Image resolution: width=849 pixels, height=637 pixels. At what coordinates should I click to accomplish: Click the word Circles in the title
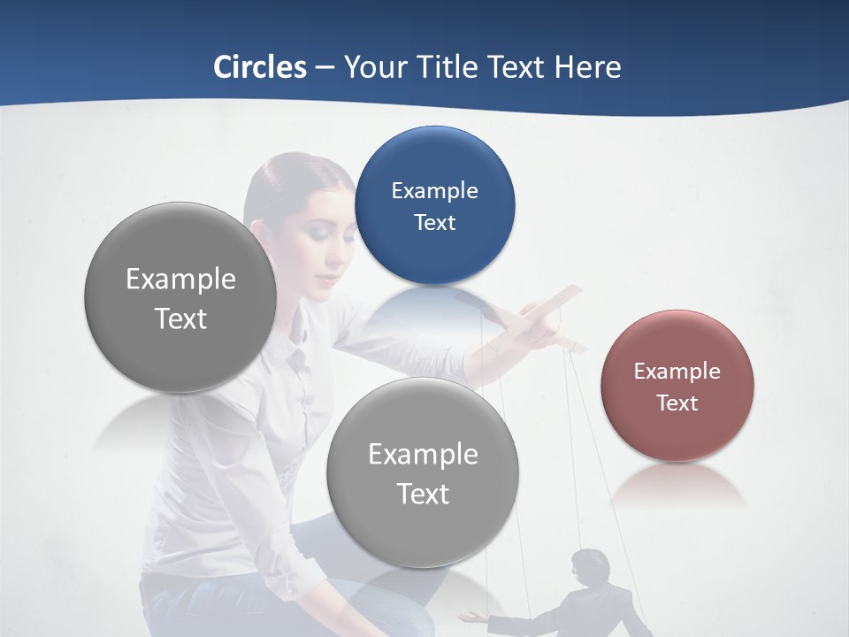point(260,67)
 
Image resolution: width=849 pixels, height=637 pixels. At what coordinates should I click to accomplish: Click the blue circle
point(434,205)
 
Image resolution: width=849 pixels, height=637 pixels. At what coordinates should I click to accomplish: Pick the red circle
point(677,386)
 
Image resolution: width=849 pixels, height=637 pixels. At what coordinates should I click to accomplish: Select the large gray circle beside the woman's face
point(180,297)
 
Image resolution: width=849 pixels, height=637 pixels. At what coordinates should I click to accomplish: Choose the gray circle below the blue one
point(423,472)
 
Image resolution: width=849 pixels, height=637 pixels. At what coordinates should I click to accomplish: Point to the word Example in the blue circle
point(434,190)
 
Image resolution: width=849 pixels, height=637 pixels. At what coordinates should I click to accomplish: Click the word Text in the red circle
point(677,403)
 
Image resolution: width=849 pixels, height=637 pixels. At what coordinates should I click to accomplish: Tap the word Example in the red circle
point(677,372)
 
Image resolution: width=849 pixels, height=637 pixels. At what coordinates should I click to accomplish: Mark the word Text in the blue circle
point(434,223)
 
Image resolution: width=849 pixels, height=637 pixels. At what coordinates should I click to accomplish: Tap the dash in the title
point(325,68)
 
